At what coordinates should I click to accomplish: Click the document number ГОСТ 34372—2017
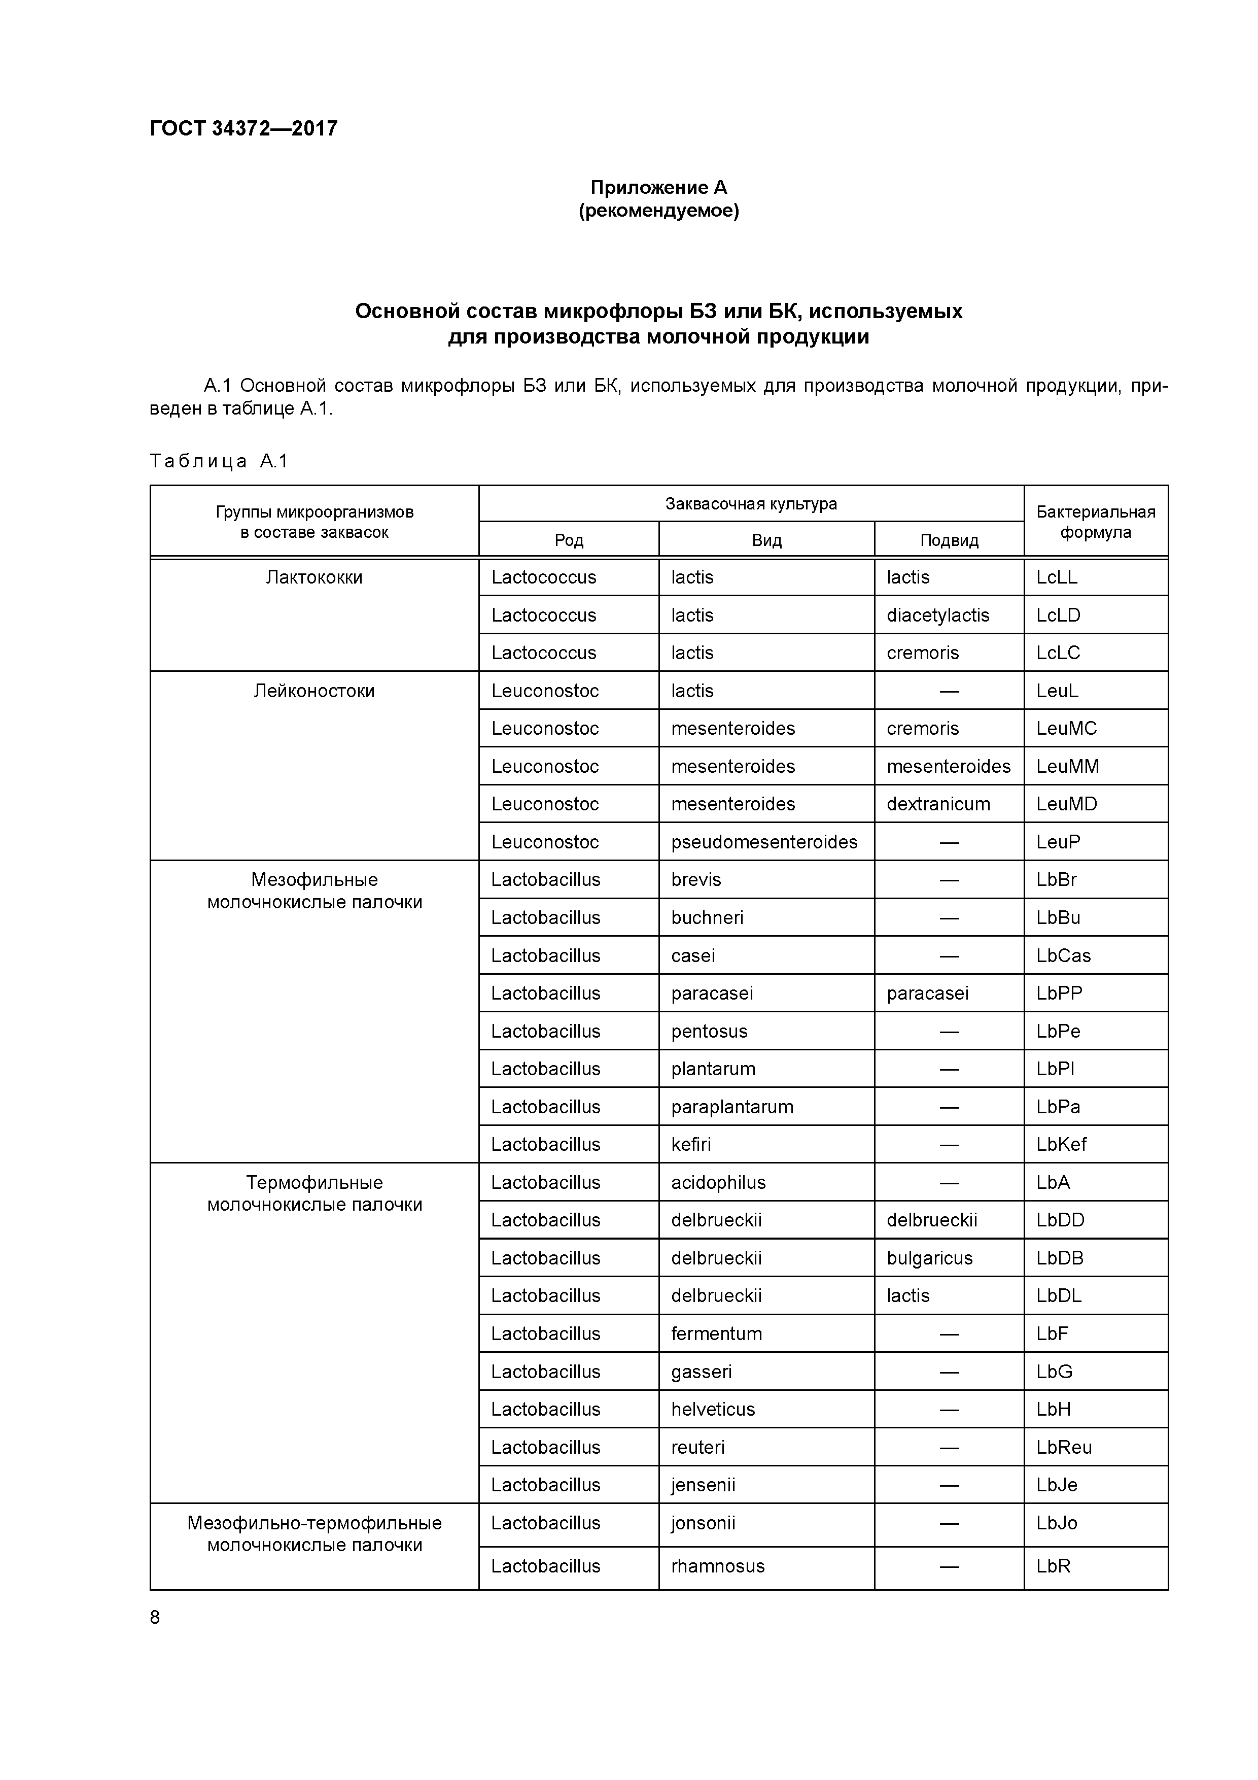[243, 128]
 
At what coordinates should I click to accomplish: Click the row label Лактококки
[314, 577]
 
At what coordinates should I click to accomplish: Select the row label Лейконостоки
[314, 691]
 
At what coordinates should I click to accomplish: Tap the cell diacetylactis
[938, 615]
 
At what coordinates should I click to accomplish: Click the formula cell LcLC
[1058, 653]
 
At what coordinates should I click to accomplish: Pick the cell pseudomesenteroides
[764, 842]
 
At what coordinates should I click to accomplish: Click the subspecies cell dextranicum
[938, 804]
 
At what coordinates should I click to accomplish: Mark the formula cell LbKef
[1061, 1144]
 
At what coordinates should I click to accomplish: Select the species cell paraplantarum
[731, 1107]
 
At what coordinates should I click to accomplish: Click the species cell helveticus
[712, 1410]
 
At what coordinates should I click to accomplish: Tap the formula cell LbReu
[1063, 1448]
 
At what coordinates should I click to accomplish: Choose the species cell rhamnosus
[718, 1566]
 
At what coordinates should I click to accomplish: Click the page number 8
[155, 1617]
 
